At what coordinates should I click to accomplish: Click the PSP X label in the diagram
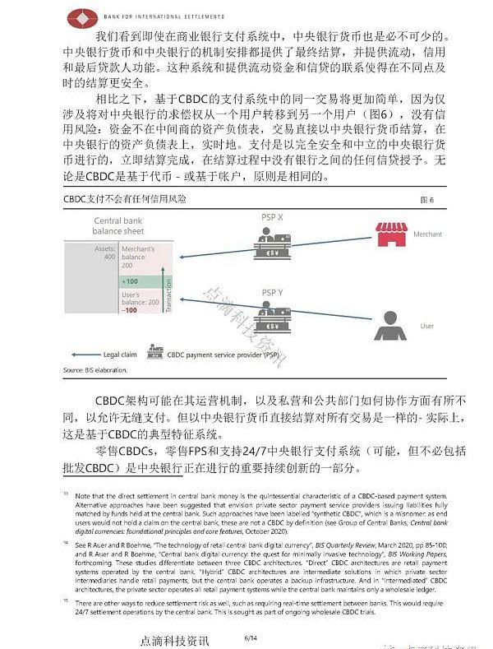coord(273,216)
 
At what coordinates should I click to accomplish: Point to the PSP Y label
coord(273,292)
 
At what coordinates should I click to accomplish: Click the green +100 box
coord(131,281)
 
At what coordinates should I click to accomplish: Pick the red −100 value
coord(130,311)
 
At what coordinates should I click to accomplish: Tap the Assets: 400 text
coord(104,253)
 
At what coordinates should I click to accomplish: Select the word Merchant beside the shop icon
coord(427,234)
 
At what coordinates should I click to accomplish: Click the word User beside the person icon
coord(426,327)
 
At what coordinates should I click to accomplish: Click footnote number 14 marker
coord(65,545)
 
